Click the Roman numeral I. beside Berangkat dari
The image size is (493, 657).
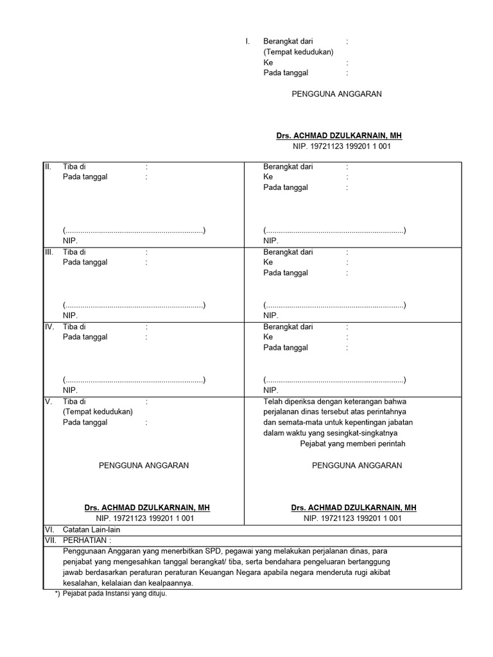click(x=247, y=41)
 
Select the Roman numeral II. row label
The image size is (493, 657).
click(x=48, y=166)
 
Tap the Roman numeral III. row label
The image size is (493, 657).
click(x=48, y=252)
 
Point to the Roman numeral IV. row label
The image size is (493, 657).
click(x=49, y=327)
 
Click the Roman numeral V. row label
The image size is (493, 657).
click(x=48, y=402)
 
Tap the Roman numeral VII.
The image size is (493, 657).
click(x=49, y=541)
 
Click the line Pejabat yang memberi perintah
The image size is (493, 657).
click(x=352, y=444)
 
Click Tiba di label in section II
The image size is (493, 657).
click(x=74, y=166)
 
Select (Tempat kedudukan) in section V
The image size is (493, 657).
click(x=98, y=412)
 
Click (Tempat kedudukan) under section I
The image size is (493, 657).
click(x=298, y=52)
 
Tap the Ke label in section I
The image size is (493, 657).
click(x=268, y=63)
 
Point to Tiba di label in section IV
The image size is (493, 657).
click(x=74, y=327)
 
